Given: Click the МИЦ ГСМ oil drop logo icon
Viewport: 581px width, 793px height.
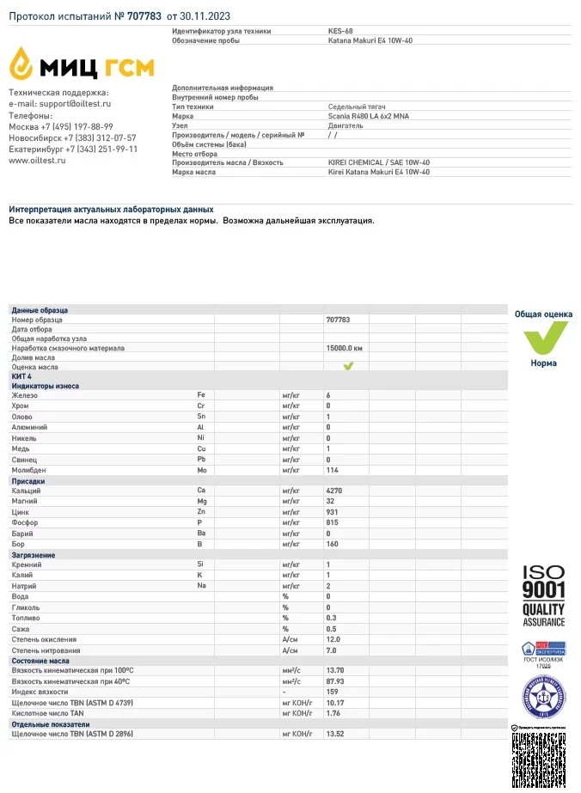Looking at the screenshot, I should [x=24, y=63].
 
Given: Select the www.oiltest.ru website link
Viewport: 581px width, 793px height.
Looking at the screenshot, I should [x=37, y=160].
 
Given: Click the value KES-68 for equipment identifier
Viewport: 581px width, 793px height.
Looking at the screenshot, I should [x=340, y=31].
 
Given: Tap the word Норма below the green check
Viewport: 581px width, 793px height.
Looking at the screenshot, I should [x=543, y=363].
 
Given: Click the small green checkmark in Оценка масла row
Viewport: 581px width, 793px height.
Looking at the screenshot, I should [x=349, y=366].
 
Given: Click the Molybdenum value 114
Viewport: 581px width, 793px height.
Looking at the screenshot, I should [x=333, y=470].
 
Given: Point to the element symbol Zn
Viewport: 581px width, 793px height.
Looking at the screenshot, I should [x=201, y=511].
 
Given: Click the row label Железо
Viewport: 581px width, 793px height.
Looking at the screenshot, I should [x=26, y=395].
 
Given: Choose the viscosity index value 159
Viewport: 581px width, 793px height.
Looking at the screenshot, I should [x=333, y=692].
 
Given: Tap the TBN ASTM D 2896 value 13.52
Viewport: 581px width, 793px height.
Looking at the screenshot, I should [x=337, y=734].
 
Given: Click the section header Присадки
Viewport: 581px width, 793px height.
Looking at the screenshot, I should [x=28, y=482].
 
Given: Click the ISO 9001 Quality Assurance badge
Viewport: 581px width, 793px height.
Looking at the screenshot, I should [x=544, y=595].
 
